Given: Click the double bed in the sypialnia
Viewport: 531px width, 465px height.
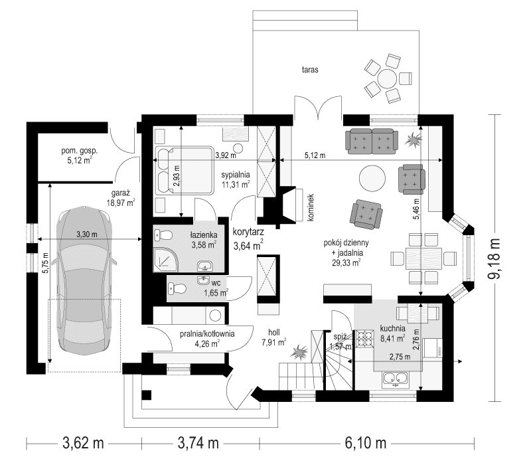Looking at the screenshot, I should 184,170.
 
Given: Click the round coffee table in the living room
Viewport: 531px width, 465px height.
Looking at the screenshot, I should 372,178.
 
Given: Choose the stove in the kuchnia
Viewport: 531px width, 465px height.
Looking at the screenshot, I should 365,341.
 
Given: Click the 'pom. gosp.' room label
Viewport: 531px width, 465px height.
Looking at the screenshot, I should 80,154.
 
